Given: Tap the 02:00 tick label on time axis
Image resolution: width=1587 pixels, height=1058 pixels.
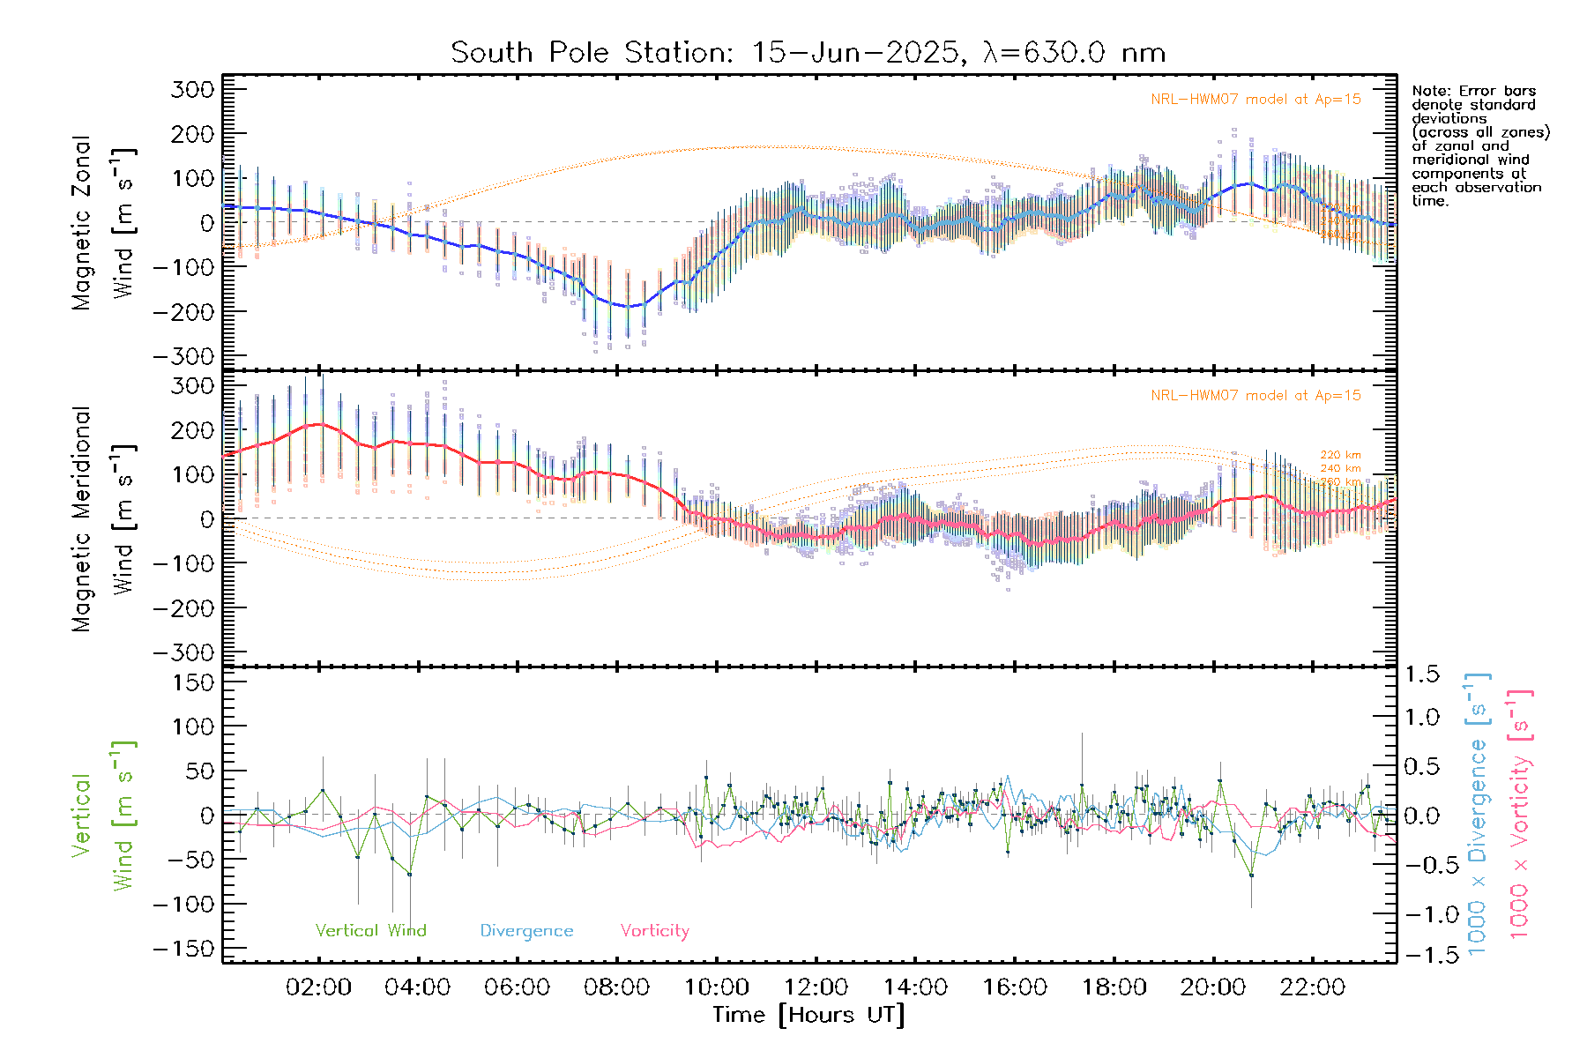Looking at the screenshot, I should click(318, 987).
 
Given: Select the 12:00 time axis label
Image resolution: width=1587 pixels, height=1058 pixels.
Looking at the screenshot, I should click(816, 987).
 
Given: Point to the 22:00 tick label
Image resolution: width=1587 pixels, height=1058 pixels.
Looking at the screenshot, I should click(1312, 987).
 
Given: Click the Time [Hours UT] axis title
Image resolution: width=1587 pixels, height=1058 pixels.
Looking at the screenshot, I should click(808, 1015).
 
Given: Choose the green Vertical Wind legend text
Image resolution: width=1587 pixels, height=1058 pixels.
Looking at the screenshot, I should click(370, 931).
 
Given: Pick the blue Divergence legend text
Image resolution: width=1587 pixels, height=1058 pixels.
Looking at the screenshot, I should click(526, 931).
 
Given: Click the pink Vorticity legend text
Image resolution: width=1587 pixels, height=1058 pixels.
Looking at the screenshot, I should click(654, 931).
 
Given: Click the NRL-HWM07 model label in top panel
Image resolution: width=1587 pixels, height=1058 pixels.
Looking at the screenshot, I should click(1255, 100).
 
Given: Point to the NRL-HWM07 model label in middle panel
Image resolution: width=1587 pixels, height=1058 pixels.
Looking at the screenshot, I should click(1255, 396).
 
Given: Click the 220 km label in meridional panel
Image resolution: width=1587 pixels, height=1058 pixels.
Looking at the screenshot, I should click(1340, 455).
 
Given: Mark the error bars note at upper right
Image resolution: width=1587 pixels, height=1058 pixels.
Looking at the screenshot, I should click(1479, 145).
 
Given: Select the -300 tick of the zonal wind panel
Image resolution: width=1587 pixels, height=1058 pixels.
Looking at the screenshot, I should click(183, 357).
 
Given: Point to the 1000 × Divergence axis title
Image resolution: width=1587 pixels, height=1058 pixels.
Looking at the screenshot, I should click(1478, 813).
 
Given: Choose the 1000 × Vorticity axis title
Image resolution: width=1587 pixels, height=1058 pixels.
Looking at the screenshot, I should click(1519, 813).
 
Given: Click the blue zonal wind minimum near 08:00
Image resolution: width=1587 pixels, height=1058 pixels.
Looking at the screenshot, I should click(628, 306).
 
